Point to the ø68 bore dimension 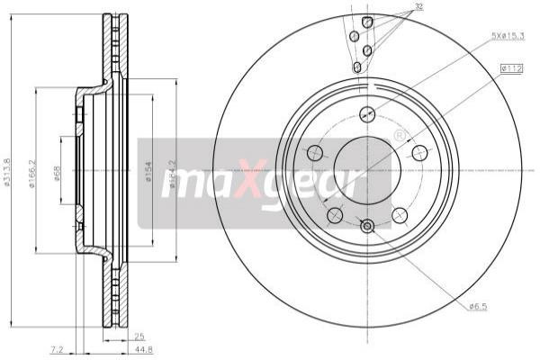58,174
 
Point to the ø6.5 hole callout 479,308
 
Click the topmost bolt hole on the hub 367,114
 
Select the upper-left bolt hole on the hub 314,152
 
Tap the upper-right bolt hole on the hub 419,152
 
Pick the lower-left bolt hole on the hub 335,215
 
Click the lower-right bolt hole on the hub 400,215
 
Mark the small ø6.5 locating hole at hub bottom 367,226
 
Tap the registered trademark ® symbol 400,135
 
